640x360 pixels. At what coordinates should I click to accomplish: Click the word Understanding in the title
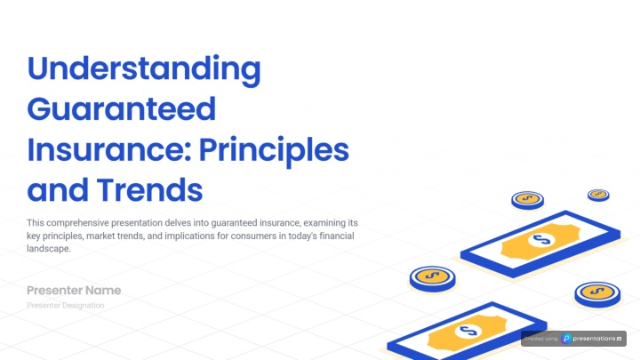[x=144, y=70]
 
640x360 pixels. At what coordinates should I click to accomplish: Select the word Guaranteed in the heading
[x=121, y=109]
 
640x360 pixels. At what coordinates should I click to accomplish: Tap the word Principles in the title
[x=274, y=151]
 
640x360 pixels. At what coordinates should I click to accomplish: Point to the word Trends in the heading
[x=149, y=190]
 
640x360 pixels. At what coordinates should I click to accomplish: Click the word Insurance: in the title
[x=109, y=149]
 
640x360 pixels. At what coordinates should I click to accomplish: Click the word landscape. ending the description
[x=49, y=249]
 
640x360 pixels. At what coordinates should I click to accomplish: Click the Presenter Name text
[x=74, y=290]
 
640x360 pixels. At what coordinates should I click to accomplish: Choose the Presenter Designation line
[x=65, y=305]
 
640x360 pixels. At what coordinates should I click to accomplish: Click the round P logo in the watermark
[x=566, y=339]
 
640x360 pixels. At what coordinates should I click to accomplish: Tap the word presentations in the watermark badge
[x=594, y=339]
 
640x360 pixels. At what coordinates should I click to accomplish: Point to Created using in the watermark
[x=540, y=339]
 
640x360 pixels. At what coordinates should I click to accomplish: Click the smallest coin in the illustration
[x=598, y=195]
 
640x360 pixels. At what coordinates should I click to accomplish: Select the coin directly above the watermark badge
[x=597, y=294]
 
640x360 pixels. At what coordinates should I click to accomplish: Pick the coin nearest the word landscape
[x=433, y=279]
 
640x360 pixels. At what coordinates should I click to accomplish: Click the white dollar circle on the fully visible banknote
[x=541, y=240]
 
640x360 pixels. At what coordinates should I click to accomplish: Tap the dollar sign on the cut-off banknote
[x=468, y=331]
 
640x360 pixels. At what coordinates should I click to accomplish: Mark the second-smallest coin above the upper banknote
[x=527, y=200]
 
